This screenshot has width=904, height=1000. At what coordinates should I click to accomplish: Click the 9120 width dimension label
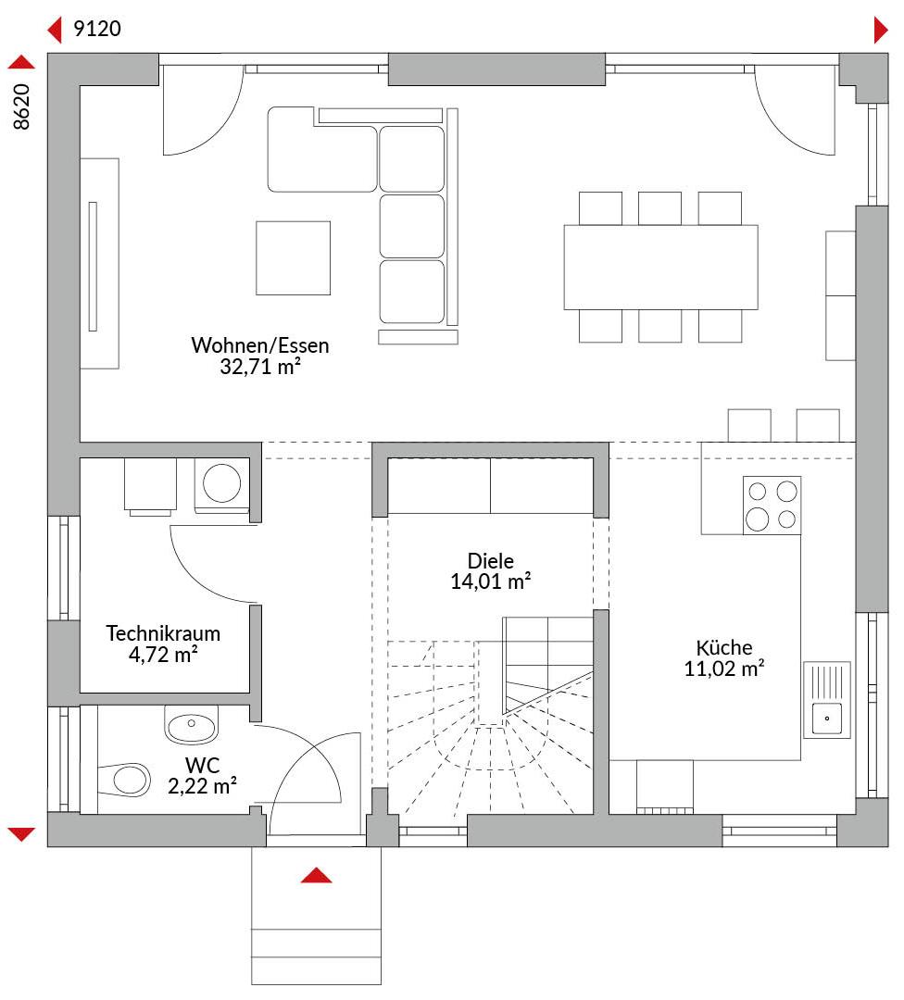[x=97, y=29]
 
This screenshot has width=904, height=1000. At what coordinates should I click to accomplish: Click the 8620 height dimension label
[x=21, y=106]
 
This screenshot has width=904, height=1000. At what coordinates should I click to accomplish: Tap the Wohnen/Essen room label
[x=260, y=345]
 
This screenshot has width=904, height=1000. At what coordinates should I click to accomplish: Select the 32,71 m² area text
[x=260, y=366]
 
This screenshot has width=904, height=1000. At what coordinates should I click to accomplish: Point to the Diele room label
[x=491, y=560]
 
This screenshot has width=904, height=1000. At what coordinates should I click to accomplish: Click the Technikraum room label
[x=163, y=633]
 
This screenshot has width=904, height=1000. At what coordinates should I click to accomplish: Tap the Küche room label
[x=724, y=647]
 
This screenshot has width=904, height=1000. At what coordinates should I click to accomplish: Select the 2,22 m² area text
[x=202, y=786]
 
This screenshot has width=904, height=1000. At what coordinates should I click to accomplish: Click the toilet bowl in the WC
[x=125, y=779]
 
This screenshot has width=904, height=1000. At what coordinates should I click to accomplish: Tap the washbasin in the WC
[x=192, y=724]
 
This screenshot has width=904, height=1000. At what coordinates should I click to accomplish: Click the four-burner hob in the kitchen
[x=772, y=506]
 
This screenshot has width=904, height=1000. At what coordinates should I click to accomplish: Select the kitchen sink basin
[x=827, y=719]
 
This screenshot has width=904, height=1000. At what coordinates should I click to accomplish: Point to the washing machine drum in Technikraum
[x=221, y=482]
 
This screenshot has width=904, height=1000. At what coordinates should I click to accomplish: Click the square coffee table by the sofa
[x=294, y=258]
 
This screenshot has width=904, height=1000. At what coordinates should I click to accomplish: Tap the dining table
[x=661, y=268]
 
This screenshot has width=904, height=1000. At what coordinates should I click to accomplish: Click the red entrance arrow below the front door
[x=317, y=875]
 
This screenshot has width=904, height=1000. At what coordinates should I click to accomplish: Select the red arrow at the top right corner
[x=881, y=30]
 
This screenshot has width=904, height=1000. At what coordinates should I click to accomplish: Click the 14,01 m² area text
[x=491, y=581]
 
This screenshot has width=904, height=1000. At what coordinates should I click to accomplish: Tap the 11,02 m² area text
[x=724, y=669]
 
